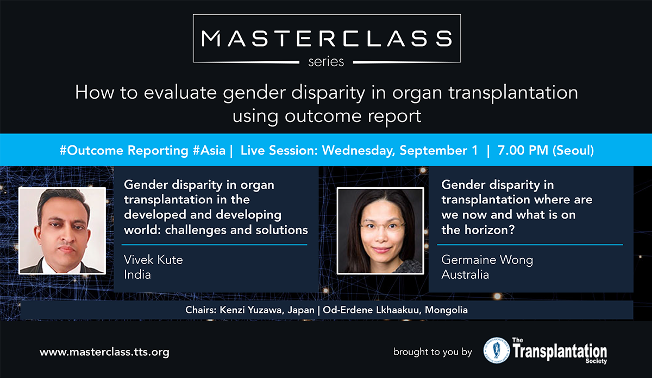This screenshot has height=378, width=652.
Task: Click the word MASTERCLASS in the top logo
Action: pos(327,39)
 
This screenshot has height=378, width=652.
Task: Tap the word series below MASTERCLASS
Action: pos(326,62)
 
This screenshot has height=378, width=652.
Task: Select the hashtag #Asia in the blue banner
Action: pos(209,151)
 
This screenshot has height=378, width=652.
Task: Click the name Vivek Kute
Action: pos(153,260)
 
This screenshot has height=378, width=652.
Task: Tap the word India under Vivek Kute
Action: pos(137,274)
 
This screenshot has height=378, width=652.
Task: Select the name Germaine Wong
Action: pos(487,260)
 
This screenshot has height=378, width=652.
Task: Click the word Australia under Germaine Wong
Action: pos(465,274)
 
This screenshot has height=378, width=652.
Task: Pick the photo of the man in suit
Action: pos(62,230)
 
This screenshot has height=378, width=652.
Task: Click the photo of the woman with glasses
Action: pos(380,230)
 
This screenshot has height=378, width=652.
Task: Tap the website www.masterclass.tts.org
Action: pos(104,352)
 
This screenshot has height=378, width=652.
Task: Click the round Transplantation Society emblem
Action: pos(497,350)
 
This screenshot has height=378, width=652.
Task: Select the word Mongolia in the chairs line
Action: pos(446,310)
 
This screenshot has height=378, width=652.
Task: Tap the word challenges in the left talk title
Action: pos(195,230)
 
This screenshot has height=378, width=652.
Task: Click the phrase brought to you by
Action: pos(432,352)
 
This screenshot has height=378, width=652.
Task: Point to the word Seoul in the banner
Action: pos(573,151)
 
